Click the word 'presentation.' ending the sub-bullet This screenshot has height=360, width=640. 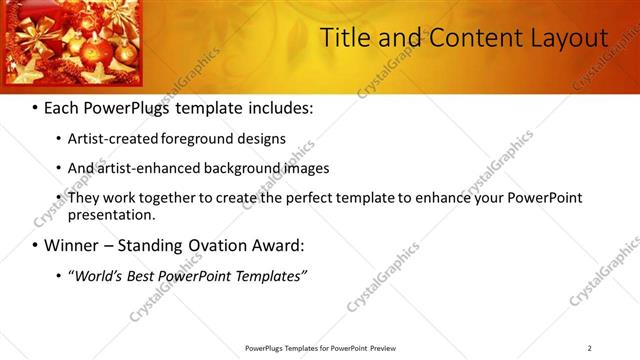112,215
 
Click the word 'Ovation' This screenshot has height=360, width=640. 221,245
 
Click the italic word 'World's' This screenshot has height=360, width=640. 98,275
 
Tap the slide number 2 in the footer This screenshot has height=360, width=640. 590,348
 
